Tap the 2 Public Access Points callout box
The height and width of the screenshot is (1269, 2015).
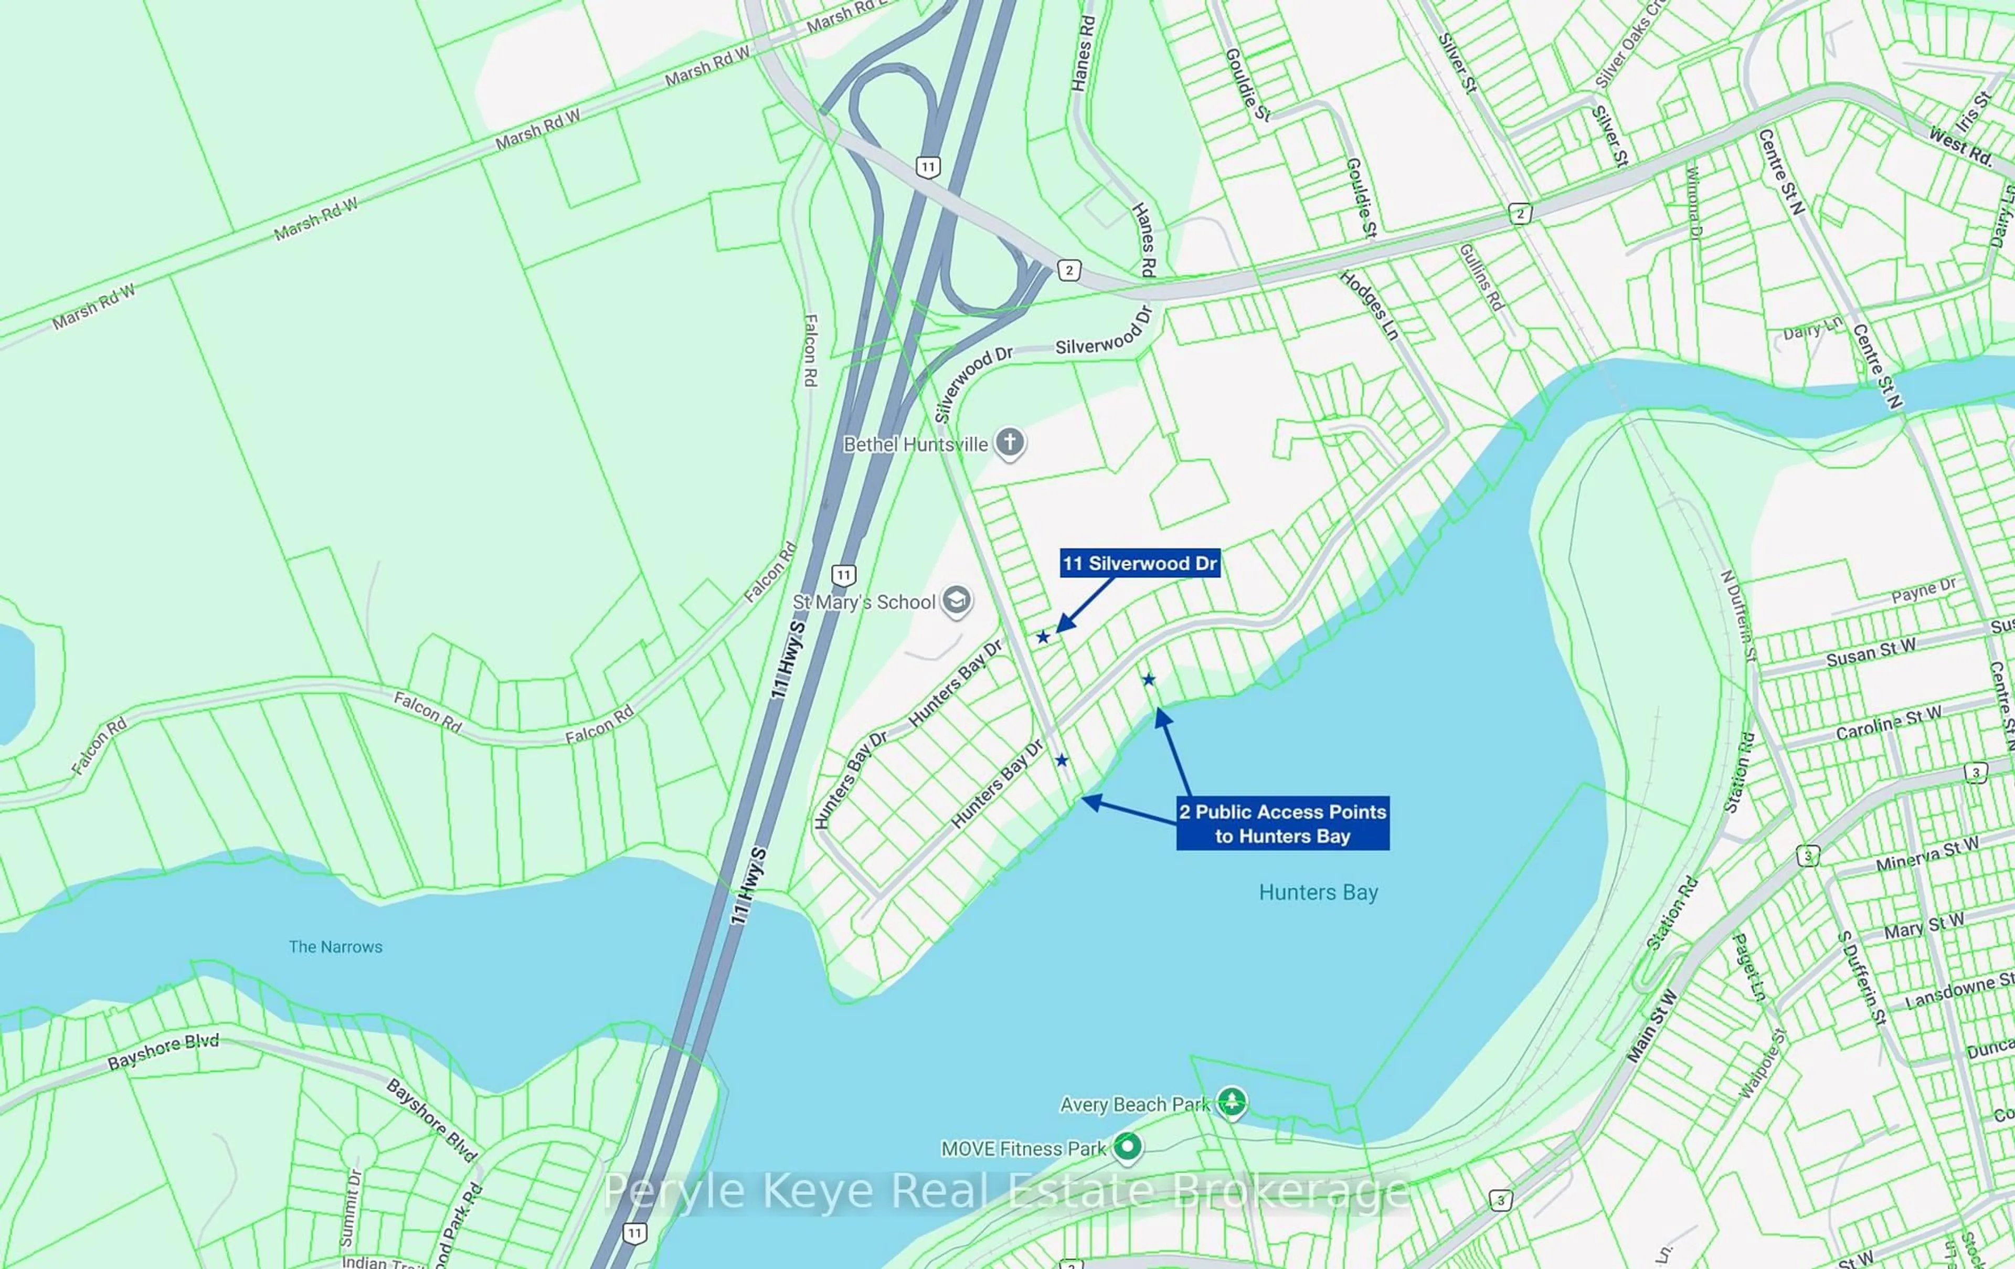click(1282, 823)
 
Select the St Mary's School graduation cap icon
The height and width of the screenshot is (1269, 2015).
click(957, 600)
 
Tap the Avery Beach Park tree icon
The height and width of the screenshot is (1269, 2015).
click(1231, 1103)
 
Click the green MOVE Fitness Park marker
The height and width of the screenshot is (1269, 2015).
click(1127, 1147)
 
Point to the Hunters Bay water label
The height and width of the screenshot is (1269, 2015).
click(1318, 892)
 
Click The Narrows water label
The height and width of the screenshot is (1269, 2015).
click(335, 947)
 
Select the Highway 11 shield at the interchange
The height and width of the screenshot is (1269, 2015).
click(927, 166)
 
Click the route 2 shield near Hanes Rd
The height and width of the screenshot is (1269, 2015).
click(1068, 270)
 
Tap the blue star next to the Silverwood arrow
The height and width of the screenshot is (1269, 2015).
click(1043, 637)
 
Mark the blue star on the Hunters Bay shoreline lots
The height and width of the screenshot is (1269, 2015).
click(1149, 680)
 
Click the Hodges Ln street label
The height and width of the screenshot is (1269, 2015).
click(1370, 305)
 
